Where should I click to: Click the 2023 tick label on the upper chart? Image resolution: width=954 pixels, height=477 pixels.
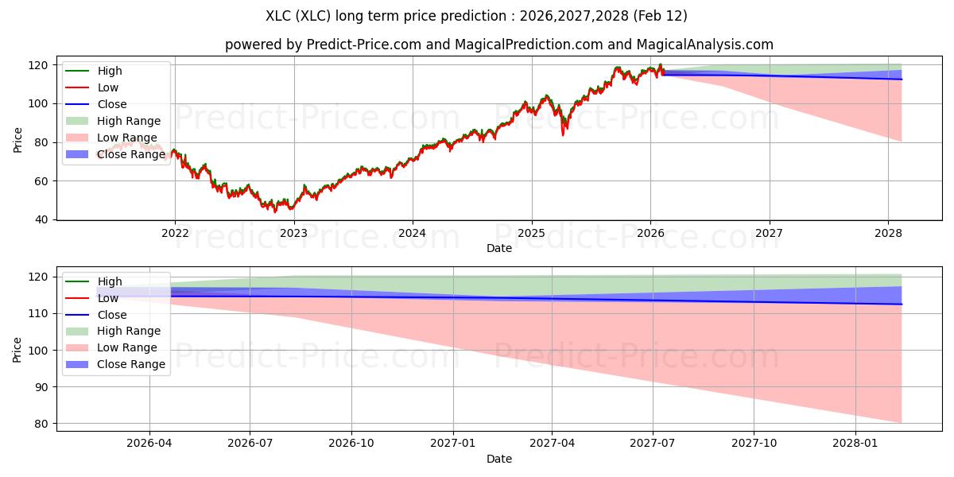pos(293,233)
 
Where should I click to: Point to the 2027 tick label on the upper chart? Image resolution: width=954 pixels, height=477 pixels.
pos(769,233)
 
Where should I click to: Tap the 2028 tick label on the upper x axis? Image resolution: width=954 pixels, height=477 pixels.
pos(888,233)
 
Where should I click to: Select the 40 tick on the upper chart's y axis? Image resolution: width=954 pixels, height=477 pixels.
pos(42,219)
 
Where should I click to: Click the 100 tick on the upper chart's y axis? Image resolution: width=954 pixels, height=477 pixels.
pos(39,103)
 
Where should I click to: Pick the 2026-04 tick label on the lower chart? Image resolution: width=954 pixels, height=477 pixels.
pos(149,444)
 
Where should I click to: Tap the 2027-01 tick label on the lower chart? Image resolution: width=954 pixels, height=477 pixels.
pos(453,444)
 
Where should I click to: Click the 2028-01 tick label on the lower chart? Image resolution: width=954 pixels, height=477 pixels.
pos(855,444)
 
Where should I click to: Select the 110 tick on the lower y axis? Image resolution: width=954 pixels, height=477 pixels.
pos(39,314)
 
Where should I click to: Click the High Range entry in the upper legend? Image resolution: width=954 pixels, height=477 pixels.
pos(129,121)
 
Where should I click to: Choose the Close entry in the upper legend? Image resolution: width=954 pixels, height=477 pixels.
pos(112,104)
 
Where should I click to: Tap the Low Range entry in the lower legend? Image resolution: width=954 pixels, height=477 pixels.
pos(127,347)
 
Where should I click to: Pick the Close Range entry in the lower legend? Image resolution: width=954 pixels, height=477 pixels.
pos(131,364)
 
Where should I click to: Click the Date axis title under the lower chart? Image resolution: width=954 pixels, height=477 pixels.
pos(498,459)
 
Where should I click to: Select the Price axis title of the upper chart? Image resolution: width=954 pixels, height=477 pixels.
pos(18,138)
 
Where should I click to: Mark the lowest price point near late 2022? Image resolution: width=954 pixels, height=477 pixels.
pos(275,211)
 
